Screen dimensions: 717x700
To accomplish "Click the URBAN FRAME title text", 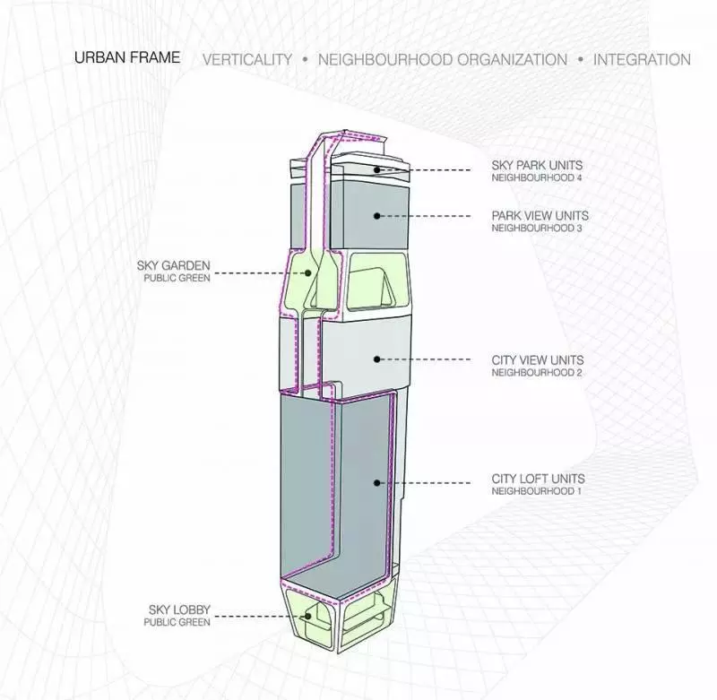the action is point(127,57).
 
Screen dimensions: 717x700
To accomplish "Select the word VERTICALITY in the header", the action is point(247,59).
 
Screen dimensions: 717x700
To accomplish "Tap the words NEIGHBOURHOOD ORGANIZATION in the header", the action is point(443,59).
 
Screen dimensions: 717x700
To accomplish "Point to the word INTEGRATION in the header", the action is point(642,59).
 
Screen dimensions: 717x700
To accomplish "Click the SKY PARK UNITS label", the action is point(537,165).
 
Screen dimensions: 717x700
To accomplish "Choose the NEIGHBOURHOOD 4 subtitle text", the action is point(537,177).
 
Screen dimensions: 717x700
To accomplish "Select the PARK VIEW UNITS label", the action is point(540,215).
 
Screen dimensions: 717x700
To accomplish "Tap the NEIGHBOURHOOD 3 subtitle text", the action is point(537,229).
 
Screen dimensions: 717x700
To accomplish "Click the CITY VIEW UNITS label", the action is point(538,359).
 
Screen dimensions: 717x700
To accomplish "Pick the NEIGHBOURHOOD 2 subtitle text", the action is point(537,373).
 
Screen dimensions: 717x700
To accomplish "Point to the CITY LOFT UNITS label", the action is point(539,479).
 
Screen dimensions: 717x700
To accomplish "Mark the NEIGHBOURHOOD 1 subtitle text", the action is point(536,491).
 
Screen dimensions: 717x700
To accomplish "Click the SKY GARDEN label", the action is point(173,265).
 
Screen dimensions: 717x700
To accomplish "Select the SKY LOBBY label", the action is point(179,609).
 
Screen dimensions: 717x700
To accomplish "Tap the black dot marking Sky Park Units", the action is point(376,170).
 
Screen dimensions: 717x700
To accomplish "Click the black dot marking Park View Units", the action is point(376,216).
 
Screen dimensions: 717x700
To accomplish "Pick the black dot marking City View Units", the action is point(376,359).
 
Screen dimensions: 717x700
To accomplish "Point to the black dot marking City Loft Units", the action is point(376,483).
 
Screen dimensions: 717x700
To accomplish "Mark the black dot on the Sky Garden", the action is point(308,273).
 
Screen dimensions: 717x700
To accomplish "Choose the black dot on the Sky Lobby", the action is point(308,617).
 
